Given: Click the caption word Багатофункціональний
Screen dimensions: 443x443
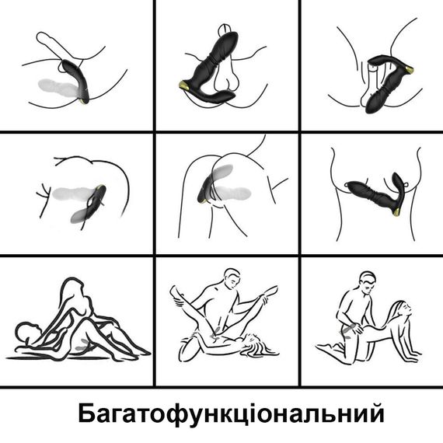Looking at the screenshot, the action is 231,415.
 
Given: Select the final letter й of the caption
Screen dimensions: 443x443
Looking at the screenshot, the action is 375,413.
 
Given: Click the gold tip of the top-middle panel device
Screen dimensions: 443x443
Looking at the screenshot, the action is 185,85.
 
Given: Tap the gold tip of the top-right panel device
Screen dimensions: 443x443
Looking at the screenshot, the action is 409,69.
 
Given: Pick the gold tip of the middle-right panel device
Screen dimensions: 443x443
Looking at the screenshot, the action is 396,212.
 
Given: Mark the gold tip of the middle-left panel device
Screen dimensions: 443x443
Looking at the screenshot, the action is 100,187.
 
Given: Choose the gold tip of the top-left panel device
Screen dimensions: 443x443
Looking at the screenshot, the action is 84,101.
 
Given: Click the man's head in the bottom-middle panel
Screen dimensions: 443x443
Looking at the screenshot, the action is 232,279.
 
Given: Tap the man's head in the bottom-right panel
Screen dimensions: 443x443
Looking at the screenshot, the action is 368,282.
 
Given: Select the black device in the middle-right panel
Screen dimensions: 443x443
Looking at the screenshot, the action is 375,194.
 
